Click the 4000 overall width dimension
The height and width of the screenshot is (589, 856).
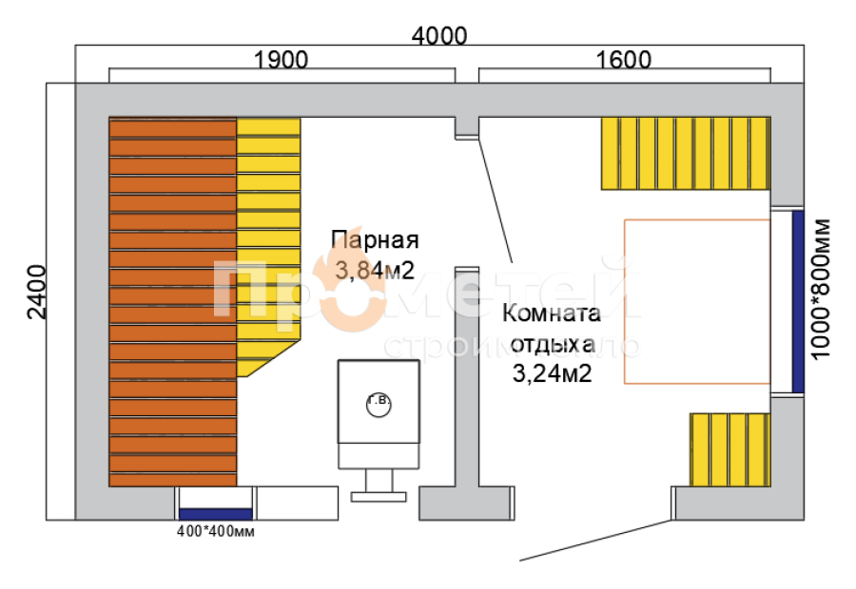click(x=439, y=36)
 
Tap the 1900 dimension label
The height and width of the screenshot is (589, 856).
click(x=282, y=60)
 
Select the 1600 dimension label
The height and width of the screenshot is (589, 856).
click(x=624, y=60)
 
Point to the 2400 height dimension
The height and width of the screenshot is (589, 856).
click(x=36, y=292)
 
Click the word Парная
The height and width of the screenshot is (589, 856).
click(x=375, y=239)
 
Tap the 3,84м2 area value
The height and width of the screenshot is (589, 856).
click(x=375, y=270)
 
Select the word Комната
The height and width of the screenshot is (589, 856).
click(x=552, y=314)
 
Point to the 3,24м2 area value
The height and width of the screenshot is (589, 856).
click(x=553, y=373)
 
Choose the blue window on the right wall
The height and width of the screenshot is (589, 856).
click(x=798, y=301)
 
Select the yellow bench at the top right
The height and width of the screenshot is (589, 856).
click(x=684, y=152)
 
